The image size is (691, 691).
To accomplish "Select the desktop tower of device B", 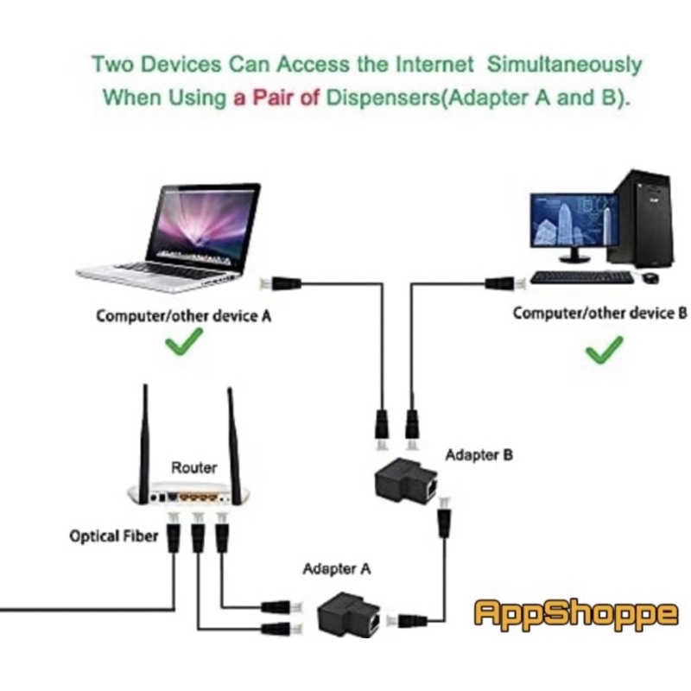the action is tap(641, 219).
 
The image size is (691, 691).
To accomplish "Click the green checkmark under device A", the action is tap(184, 341).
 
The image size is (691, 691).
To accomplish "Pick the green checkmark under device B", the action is tap(604, 350).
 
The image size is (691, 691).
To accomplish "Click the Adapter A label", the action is tap(337, 569).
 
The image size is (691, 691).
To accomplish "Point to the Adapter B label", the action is tap(479, 455).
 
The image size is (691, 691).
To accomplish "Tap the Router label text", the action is tap(193, 467).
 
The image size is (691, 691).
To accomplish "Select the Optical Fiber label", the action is tap(114, 536).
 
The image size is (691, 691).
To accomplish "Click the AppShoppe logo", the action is tap(575, 613).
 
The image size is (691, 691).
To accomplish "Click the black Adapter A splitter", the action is tap(349, 614).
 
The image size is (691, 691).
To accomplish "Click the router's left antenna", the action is tap(144, 444).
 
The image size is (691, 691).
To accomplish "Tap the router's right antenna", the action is tap(233, 446).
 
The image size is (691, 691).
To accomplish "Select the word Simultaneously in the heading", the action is tap(564, 65).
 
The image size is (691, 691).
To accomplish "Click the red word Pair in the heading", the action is tap(272, 98).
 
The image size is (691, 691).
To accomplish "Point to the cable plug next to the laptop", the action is tap(281, 283).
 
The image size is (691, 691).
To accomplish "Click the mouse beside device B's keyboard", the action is tap(651, 277).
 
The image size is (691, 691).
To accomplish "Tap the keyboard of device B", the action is tap(581, 277).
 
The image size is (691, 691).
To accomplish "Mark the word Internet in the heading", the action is tap(434, 64).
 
